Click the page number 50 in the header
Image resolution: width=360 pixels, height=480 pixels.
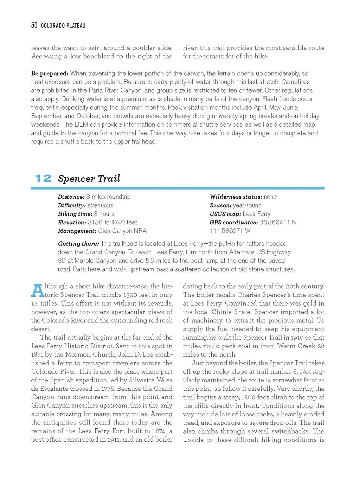coord(34,25)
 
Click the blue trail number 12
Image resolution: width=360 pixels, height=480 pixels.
coord(43,178)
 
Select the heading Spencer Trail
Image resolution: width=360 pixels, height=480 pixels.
coord(89,178)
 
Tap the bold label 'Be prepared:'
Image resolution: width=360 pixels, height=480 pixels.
coord(50,73)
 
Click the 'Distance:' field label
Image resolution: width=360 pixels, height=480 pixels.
coord(71,197)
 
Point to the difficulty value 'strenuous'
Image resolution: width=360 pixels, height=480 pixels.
coord(100,205)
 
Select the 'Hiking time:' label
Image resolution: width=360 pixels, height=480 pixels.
coord(75,214)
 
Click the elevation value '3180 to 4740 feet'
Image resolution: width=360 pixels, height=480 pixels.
coord(112,222)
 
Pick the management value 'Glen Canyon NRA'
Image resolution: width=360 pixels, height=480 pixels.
coord(122,231)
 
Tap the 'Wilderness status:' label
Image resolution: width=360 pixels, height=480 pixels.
coord(236,197)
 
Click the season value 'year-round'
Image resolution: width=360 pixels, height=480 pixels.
coord(247,205)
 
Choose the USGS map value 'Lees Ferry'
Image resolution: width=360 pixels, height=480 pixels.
coord(256,214)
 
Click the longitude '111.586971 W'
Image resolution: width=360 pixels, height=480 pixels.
coord(230,231)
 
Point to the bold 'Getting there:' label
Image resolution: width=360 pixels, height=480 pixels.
coord(78,244)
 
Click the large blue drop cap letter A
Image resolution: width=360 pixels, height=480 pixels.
coord(37,290)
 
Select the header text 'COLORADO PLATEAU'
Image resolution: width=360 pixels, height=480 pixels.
coord(63,26)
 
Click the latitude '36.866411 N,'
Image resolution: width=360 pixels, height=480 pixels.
coord(278,222)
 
